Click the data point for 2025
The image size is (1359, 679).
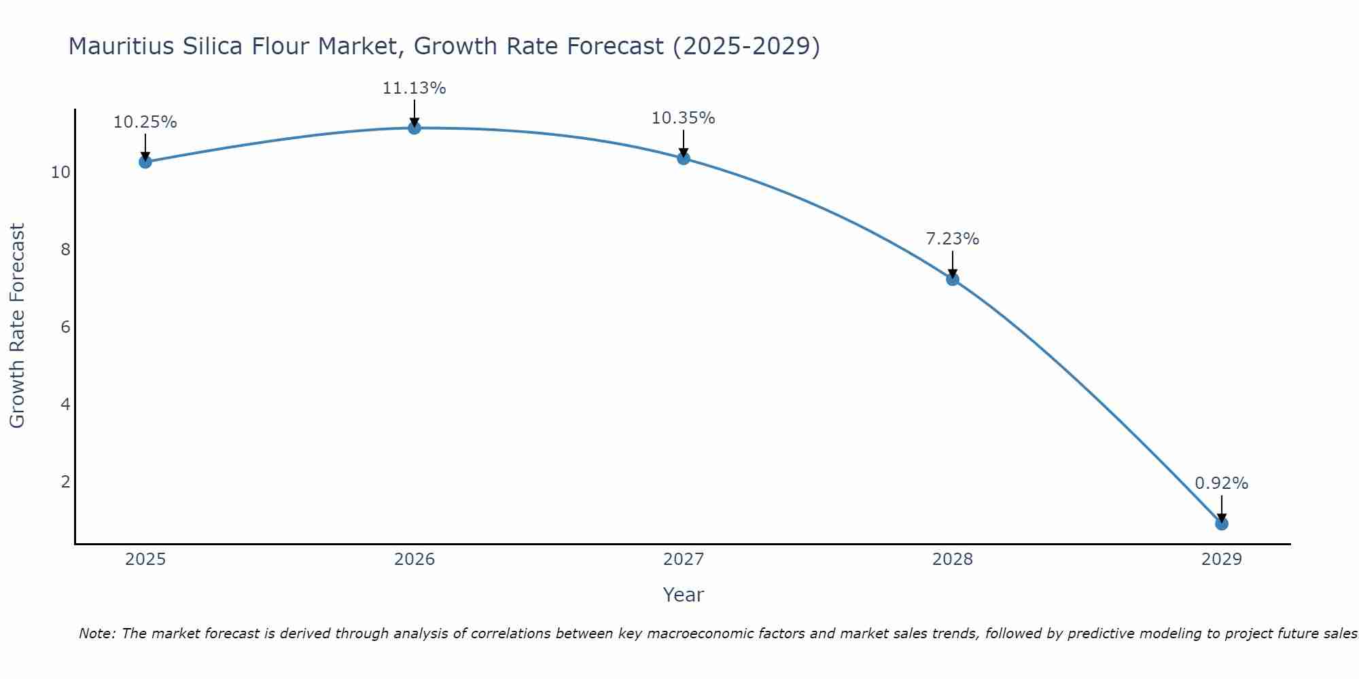pyautogui.click(x=145, y=162)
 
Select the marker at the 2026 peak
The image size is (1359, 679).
pyautogui.click(x=414, y=128)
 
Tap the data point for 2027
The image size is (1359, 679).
pyautogui.click(x=684, y=158)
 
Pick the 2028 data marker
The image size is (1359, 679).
pyautogui.click(x=953, y=279)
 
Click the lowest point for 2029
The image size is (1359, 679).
pyautogui.click(x=1222, y=524)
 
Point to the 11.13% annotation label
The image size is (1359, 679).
pyautogui.click(x=414, y=88)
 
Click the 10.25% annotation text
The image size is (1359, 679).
pyautogui.click(x=145, y=122)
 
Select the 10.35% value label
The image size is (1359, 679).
pyautogui.click(x=683, y=118)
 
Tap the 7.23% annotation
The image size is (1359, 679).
pyautogui.click(x=952, y=239)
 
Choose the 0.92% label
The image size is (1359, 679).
pyautogui.click(x=1221, y=483)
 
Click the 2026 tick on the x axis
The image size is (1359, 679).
pyautogui.click(x=414, y=559)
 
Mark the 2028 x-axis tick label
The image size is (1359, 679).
pyautogui.click(x=953, y=559)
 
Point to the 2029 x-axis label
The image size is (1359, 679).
pyautogui.click(x=1222, y=559)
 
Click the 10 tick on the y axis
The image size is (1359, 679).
pyautogui.click(x=60, y=172)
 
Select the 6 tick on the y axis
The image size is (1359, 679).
pyautogui.click(x=65, y=327)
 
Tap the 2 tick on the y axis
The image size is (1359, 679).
pyautogui.click(x=65, y=482)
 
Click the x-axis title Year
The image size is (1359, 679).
pyautogui.click(x=683, y=595)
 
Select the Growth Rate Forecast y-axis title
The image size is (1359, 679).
pyautogui.click(x=18, y=326)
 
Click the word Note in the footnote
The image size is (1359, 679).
pyautogui.click(x=96, y=634)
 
